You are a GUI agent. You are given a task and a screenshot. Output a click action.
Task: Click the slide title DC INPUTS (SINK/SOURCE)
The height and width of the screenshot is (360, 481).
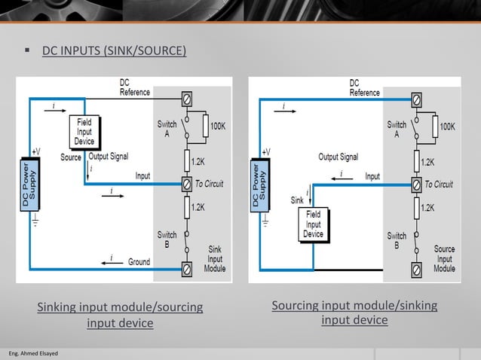113,51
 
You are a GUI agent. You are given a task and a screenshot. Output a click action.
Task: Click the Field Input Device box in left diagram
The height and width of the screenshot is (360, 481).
84,132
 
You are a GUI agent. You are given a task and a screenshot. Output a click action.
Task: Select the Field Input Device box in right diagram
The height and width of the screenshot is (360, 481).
313,224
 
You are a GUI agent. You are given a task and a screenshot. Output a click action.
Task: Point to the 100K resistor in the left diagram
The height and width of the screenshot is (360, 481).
205,126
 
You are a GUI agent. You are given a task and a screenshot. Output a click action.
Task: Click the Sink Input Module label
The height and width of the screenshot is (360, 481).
215,258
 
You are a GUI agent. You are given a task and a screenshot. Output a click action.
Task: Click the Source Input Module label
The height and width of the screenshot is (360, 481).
444,258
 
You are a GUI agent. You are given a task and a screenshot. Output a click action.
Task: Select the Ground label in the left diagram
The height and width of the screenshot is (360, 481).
139,262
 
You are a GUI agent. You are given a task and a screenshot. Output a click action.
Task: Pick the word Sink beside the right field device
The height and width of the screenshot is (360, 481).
297,200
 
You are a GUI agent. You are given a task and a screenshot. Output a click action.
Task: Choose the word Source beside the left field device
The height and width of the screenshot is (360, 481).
71,157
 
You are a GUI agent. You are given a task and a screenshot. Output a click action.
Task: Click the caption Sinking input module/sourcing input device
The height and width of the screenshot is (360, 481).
120,315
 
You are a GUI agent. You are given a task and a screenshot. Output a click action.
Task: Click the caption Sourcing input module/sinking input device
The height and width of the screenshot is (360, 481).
354,313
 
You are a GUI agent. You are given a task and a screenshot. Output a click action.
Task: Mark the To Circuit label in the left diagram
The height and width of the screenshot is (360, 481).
209,184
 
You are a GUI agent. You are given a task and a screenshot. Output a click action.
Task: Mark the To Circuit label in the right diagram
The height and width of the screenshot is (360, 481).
438,184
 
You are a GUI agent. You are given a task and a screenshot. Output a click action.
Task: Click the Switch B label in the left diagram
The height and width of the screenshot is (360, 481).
167,239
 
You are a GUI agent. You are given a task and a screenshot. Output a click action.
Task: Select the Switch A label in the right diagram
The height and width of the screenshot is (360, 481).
397,129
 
